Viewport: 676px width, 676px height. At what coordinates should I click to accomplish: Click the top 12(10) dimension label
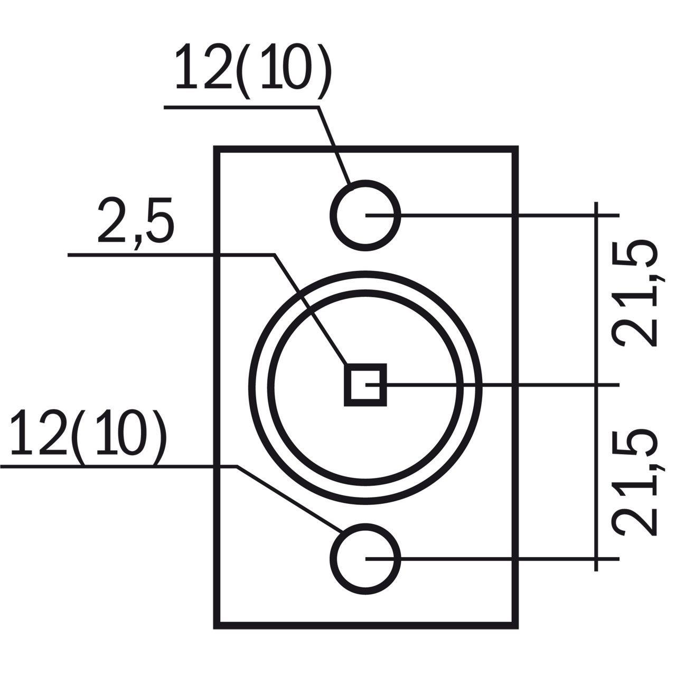click(x=252, y=71)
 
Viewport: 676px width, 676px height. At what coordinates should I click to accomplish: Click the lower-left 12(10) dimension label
click(x=88, y=436)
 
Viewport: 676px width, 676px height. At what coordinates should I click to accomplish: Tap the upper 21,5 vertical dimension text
click(x=634, y=293)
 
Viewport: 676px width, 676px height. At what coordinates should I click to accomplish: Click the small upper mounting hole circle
click(x=365, y=215)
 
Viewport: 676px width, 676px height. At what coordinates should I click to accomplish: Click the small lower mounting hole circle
click(x=365, y=558)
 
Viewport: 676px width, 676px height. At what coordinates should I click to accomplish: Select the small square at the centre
click(x=365, y=385)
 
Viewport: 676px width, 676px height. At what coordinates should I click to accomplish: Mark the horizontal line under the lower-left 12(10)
click(x=119, y=466)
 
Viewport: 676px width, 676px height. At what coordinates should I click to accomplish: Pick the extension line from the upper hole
click(x=493, y=215)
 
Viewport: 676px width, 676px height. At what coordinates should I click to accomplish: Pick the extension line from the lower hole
click(x=493, y=558)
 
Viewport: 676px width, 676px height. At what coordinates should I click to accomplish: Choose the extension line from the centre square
click(x=493, y=385)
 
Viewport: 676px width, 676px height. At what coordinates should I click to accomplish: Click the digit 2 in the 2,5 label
click(x=111, y=221)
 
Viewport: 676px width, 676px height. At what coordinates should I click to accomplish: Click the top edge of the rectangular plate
click(x=366, y=148)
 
